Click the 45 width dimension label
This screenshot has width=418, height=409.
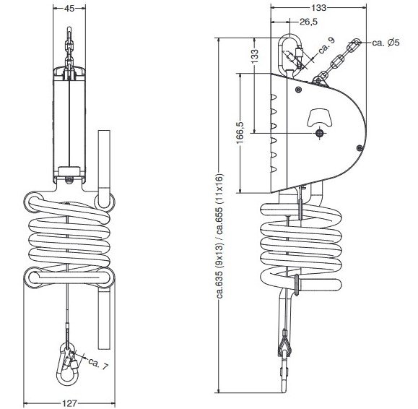69,9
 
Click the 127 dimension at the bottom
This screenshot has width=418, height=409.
69,403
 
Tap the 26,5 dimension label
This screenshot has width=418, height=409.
309,22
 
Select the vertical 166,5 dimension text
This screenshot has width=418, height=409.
240,133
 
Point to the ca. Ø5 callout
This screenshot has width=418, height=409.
386,43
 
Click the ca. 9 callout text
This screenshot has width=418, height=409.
326,46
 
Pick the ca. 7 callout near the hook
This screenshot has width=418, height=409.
98,363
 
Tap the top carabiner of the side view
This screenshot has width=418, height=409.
290,55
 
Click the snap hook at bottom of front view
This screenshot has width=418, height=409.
68,366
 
